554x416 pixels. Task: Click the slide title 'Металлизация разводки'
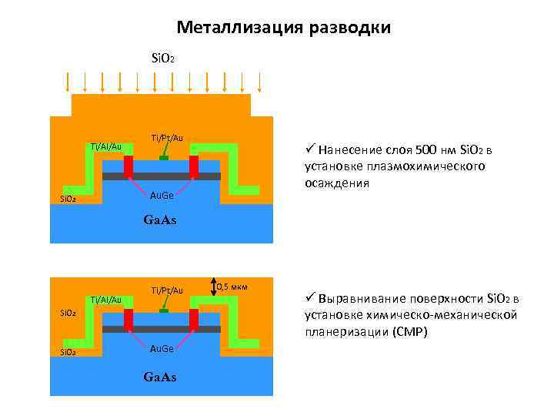(283, 28)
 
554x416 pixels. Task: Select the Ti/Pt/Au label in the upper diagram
(167, 137)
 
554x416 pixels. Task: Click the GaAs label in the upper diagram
(160, 220)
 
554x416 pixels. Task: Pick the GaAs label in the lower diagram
(160, 377)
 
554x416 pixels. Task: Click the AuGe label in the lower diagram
(161, 349)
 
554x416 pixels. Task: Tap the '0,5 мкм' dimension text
(232, 287)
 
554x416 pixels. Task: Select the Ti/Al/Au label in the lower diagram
(106, 299)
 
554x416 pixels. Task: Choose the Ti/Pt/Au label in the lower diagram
(167, 290)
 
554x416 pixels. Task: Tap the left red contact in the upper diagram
(128, 166)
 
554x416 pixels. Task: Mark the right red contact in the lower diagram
(194, 318)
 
